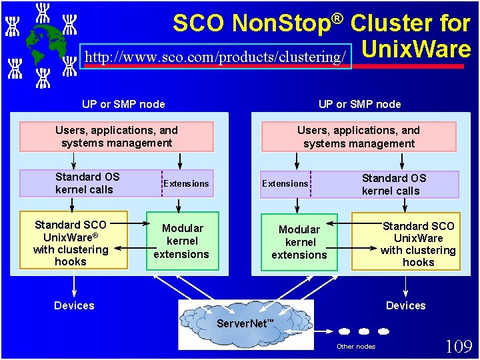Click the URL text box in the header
click(215, 57)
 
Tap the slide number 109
click(459, 346)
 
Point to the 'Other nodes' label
click(356, 346)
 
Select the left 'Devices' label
click(74, 305)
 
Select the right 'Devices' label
click(405, 305)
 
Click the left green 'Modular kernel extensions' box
click(183, 241)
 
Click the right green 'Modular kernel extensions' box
click(299, 241)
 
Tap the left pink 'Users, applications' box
click(117, 137)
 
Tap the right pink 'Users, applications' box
click(359, 137)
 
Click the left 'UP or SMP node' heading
click(123, 104)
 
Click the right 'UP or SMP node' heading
click(360, 104)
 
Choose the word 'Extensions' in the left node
click(187, 183)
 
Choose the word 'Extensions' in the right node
click(285, 183)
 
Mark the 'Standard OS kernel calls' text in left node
click(87, 183)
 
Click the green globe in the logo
click(43, 43)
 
